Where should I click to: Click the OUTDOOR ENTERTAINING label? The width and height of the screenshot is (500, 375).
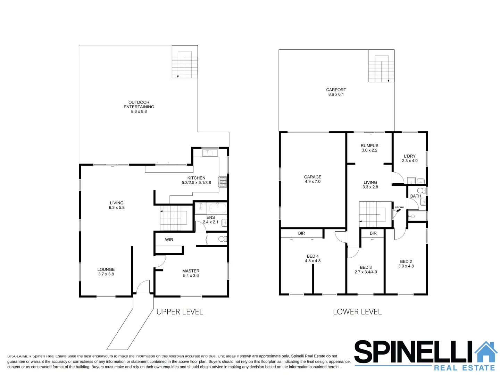[139, 107]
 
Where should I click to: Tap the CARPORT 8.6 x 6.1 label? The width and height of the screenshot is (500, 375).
[336, 92]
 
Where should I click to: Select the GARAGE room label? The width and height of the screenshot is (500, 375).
[312, 179]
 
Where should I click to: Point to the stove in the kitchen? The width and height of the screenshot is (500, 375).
[223, 182]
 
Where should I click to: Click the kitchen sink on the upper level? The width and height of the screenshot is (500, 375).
[210, 153]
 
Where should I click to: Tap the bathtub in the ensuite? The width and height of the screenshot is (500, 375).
[217, 208]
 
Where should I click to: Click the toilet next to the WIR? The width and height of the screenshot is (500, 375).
[223, 239]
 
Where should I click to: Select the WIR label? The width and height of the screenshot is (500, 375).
[169, 240]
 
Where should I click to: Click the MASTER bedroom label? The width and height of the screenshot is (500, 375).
[191, 273]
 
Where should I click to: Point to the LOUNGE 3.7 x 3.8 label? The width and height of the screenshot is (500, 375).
[106, 272]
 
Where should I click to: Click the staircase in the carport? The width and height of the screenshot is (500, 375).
[381, 68]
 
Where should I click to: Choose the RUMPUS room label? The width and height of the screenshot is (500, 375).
[369, 148]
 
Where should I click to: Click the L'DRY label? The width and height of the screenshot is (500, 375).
[410, 158]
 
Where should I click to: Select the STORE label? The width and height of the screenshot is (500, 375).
[399, 208]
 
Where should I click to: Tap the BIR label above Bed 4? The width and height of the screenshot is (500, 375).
[301, 233]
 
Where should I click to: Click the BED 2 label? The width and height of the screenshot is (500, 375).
[406, 264]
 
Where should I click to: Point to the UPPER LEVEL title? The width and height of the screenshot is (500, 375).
[180, 312]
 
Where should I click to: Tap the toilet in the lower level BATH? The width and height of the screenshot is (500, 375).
[422, 191]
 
